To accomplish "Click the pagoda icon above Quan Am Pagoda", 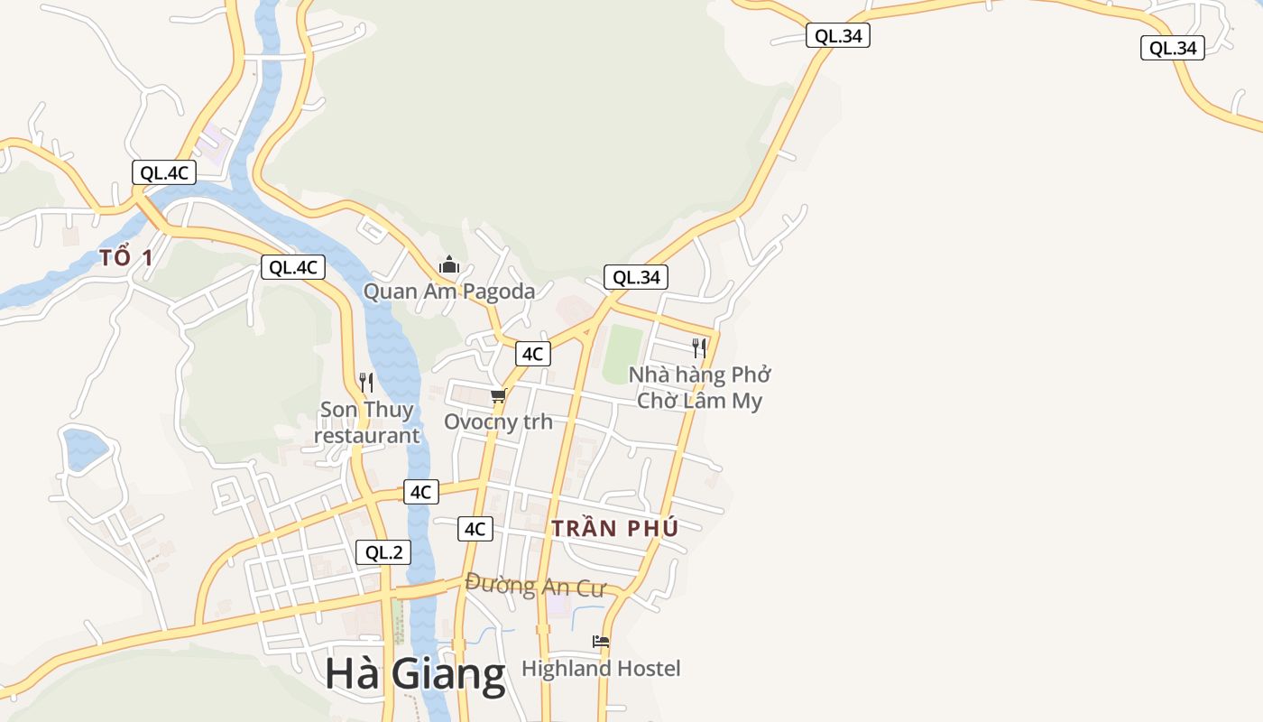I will point(448,265).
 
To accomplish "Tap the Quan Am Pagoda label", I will point(448,292).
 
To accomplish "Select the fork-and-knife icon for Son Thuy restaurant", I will point(365,383).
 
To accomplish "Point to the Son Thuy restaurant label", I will point(366,422).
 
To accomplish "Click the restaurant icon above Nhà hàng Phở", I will point(698,348).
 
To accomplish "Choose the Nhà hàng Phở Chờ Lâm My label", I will point(699,387).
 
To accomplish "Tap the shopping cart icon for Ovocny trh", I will point(498,395).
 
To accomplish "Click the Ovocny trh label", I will point(498,421).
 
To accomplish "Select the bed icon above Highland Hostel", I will point(601,642).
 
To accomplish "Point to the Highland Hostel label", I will point(601,669).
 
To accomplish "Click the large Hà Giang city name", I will point(415,675).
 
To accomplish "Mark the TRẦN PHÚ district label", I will point(614,529).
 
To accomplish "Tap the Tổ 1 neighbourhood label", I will point(126,258).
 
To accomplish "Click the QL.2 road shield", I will point(383,552).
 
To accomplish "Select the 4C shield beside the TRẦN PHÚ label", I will point(475,529).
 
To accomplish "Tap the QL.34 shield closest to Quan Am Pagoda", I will point(637,277).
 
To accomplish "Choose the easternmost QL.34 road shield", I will point(1173,48).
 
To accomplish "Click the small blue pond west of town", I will point(85,449).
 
